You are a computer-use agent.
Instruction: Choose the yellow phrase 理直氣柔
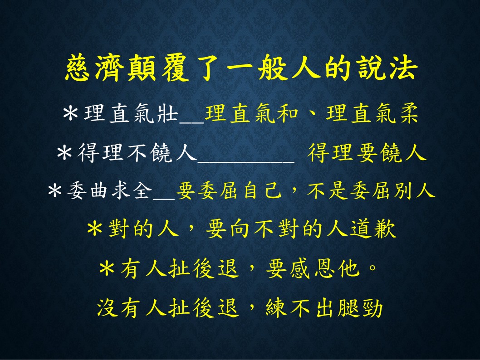coord(372,114)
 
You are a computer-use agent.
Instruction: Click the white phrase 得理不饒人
coord(137,152)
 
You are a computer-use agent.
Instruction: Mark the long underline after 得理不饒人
coord(246,162)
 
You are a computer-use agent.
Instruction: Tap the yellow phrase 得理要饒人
coord(367,152)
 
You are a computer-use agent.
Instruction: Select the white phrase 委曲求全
coord(110,190)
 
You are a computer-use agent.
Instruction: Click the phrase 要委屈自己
coord(229,190)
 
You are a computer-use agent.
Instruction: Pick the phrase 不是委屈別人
coord(371,190)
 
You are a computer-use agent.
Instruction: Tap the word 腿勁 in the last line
coord(360,307)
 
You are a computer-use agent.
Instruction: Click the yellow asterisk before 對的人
coord(94,229)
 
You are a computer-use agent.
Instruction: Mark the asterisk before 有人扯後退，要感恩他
coord(107,269)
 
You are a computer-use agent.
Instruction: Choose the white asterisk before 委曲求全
coord(55,190)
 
